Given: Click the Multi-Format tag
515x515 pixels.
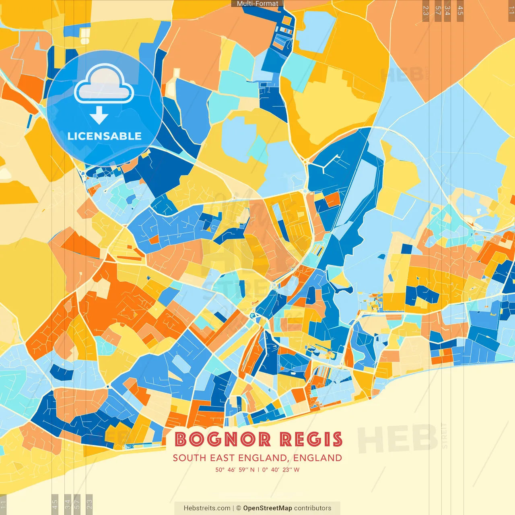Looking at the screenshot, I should (257, 4).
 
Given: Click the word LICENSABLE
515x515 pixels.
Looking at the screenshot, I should (105, 136).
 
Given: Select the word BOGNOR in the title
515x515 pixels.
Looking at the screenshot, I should (222, 439).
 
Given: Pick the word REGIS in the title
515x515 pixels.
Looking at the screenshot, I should (311, 439).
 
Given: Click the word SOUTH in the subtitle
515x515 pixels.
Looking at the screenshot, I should (190, 458).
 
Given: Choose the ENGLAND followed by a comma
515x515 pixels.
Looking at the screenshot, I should (264, 458).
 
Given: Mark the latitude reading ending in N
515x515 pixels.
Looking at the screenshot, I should (235, 470).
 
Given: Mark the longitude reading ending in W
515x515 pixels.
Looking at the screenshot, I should (281, 470).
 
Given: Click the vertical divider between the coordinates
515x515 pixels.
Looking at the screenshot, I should (258, 470).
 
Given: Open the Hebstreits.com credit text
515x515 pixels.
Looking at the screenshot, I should (207, 508).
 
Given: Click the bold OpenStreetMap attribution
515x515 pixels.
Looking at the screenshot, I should (268, 508).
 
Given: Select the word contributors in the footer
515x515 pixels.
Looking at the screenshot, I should (313, 508).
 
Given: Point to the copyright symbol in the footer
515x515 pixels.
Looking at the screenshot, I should (238, 508).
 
